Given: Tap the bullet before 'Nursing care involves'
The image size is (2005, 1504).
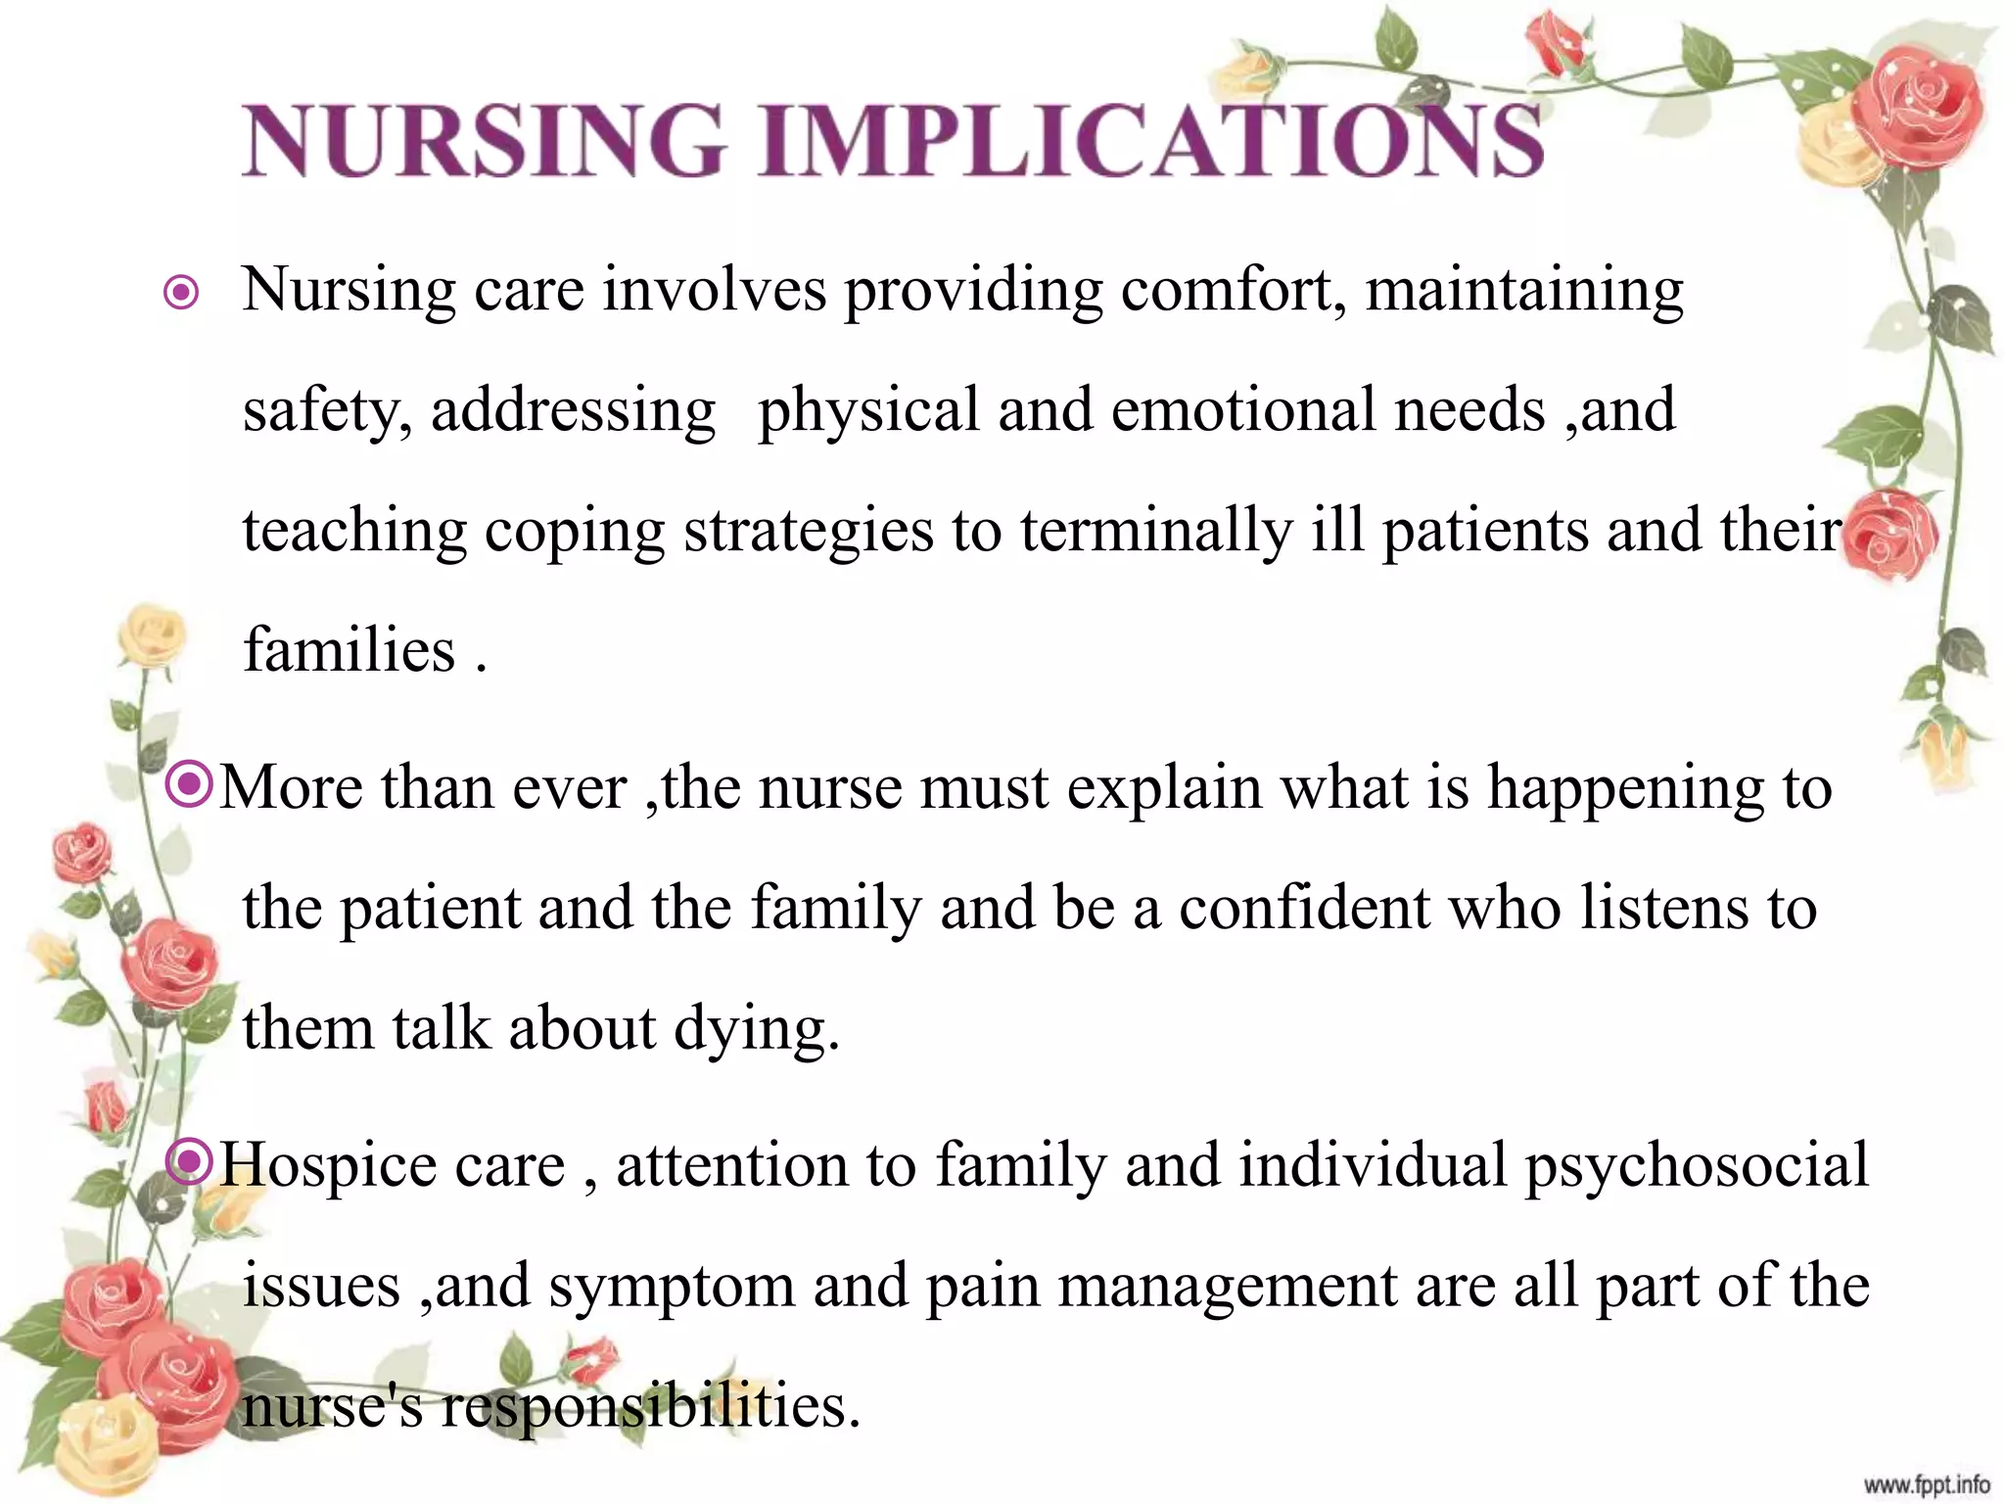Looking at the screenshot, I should [182, 292].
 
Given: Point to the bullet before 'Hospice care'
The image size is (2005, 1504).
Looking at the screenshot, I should [189, 1161].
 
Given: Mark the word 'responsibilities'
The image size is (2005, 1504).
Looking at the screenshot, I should [650, 1406].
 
